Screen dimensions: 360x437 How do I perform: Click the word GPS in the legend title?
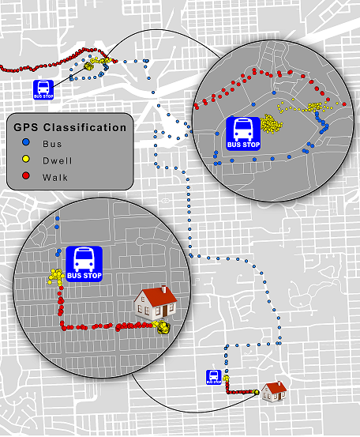click(x=25, y=127)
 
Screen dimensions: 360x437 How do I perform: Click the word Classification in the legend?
click(x=84, y=127)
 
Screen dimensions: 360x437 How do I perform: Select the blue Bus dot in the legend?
click(x=25, y=142)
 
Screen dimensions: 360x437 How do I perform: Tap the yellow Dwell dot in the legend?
click(x=25, y=159)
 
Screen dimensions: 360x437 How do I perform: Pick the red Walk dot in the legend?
click(x=25, y=175)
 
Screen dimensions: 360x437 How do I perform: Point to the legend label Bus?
click(x=52, y=144)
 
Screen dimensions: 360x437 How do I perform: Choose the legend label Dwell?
click(x=57, y=160)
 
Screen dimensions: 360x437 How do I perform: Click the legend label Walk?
click(x=54, y=177)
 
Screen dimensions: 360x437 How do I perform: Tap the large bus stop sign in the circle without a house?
click(x=243, y=134)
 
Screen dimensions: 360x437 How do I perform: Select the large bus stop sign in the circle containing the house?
click(x=84, y=264)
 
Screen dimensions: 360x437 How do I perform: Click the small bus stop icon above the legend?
click(x=43, y=90)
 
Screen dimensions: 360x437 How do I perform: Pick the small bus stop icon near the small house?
click(x=214, y=378)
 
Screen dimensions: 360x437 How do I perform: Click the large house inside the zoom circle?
click(x=156, y=303)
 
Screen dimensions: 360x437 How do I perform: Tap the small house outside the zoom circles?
click(x=274, y=392)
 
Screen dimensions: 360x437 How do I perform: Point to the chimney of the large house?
click(x=163, y=289)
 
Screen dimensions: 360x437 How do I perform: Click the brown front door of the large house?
click(x=165, y=311)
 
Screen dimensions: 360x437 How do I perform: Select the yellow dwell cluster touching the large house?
click(x=161, y=327)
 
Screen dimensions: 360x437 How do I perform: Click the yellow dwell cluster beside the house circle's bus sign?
click(x=57, y=277)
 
